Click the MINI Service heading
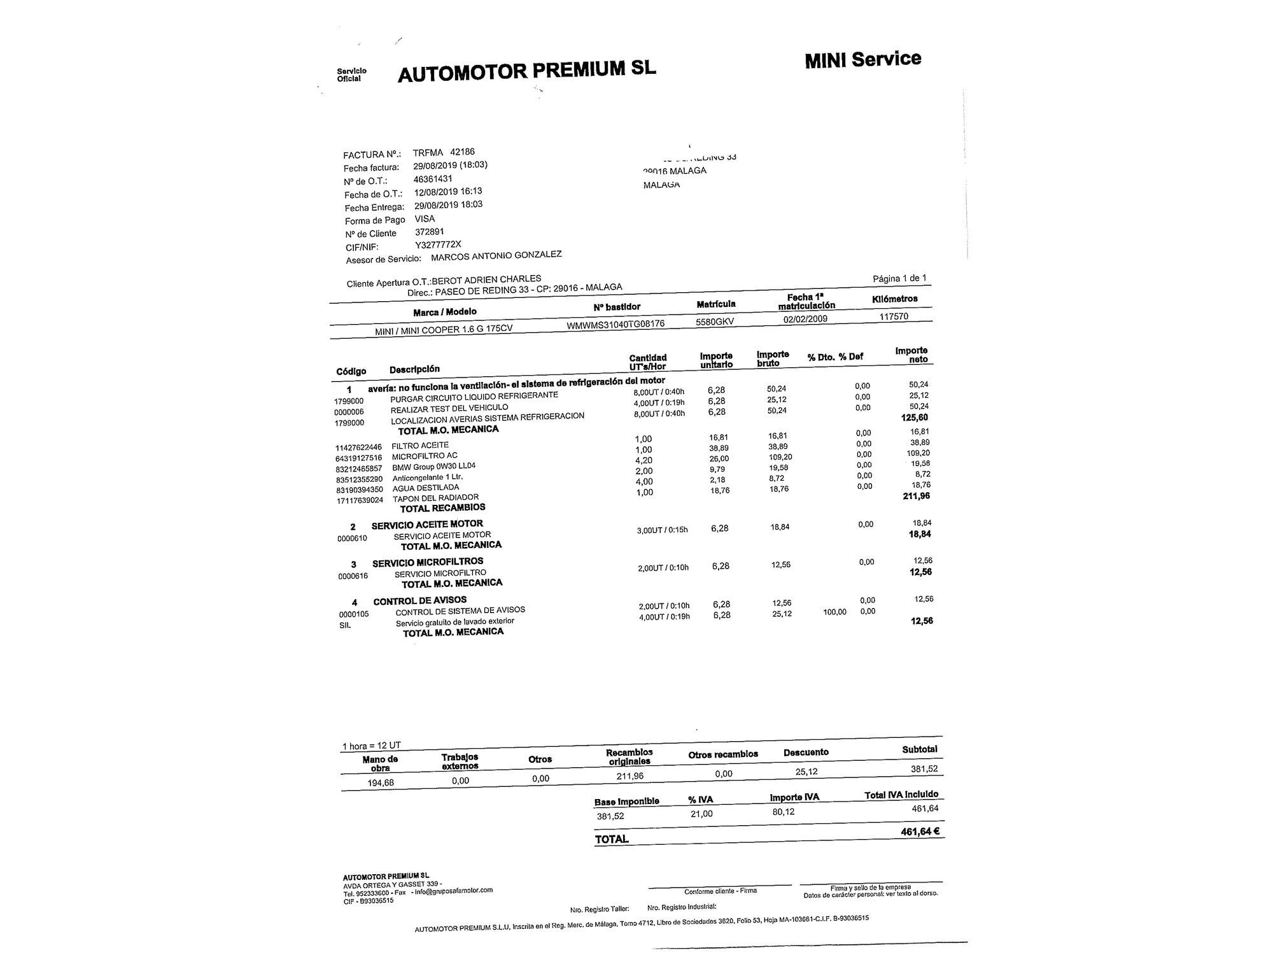pyautogui.click(x=862, y=60)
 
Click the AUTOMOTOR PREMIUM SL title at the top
pyautogui.click(x=526, y=71)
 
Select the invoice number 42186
pyautogui.click(x=462, y=152)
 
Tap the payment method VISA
pyautogui.click(x=425, y=218)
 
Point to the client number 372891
pyautogui.click(x=430, y=232)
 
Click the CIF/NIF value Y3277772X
pyautogui.click(x=438, y=244)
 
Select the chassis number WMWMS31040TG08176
pyautogui.click(x=615, y=324)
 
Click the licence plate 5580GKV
pyautogui.click(x=715, y=322)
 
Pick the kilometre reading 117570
pyautogui.click(x=894, y=316)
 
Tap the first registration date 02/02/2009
pyautogui.click(x=805, y=319)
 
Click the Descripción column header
pyautogui.click(x=414, y=369)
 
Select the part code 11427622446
pyautogui.click(x=358, y=448)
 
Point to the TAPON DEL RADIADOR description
pyautogui.click(x=435, y=498)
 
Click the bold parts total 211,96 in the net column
pyautogui.click(x=916, y=496)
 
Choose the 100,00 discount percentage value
pyautogui.click(x=834, y=612)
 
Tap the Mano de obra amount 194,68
pyautogui.click(x=381, y=782)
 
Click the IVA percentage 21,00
pyautogui.click(x=701, y=814)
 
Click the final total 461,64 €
pyautogui.click(x=920, y=831)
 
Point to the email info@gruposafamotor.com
pyautogui.click(x=453, y=891)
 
